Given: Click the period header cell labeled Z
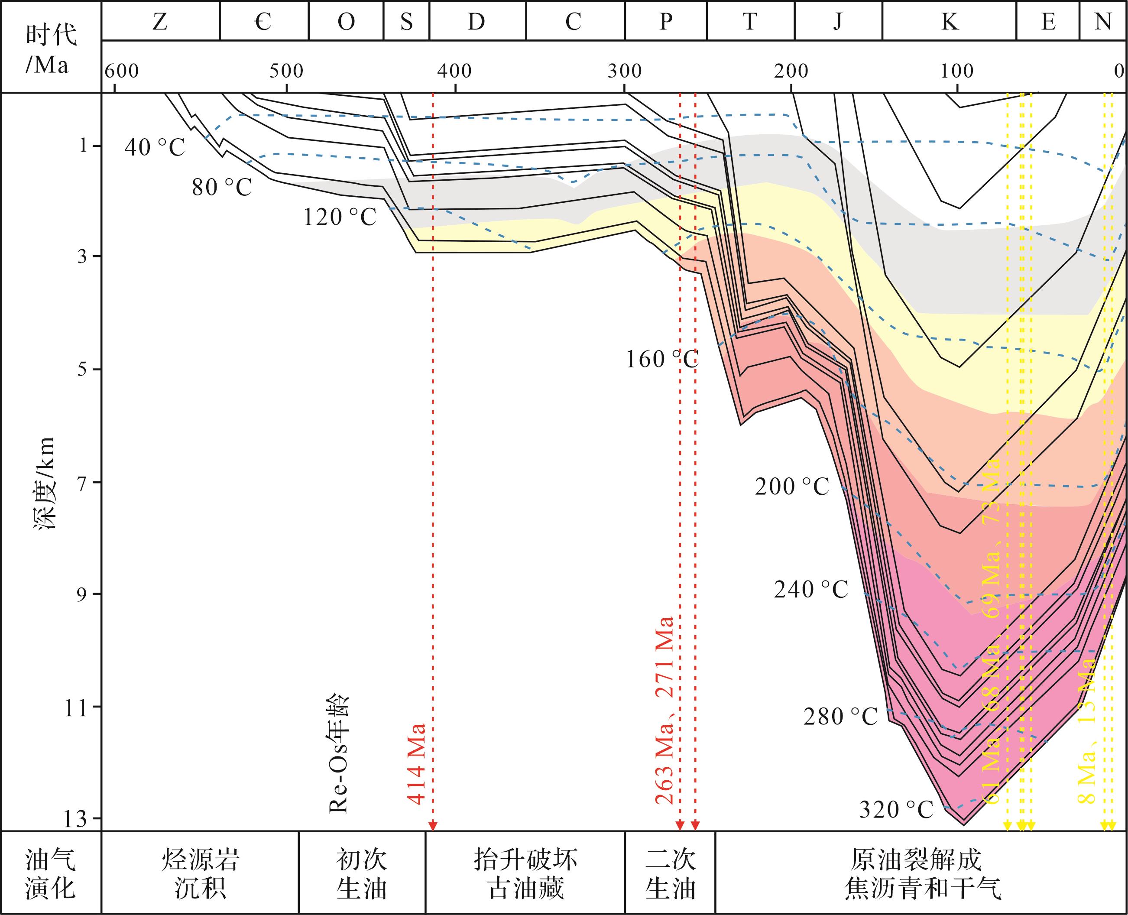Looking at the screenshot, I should [x=160, y=22].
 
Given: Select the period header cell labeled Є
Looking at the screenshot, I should [x=263, y=22].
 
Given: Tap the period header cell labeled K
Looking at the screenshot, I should [x=950, y=22].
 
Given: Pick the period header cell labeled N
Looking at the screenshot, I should [x=1103, y=22].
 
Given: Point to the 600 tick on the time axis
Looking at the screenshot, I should [x=121, y=71].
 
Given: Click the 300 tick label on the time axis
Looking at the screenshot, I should [x=624, y=71].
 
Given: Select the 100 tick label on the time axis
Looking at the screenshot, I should [x=957, y=71].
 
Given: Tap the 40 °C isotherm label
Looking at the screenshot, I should [x=155, y=148].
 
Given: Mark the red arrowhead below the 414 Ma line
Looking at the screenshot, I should [x=433, y=826].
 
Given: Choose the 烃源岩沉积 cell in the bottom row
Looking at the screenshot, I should [x=200, y=873].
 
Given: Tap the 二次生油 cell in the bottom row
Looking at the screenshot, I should [x=670, y=873].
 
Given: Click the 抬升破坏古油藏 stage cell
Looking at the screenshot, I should [x=525, y=873].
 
